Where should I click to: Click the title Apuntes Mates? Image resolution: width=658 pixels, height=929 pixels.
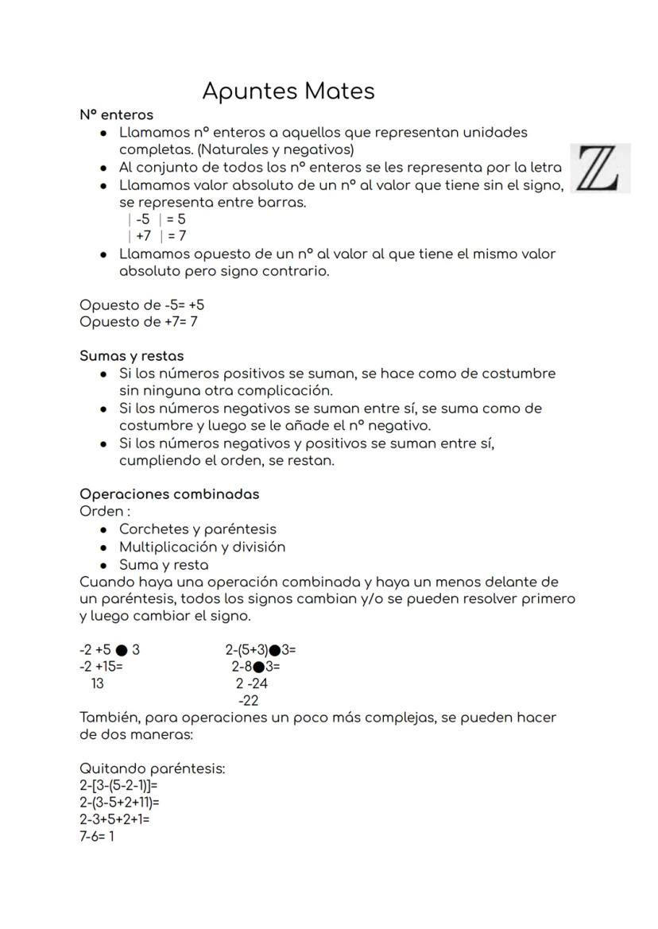point(288,91)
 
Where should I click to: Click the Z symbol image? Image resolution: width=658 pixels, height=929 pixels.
point(600,168)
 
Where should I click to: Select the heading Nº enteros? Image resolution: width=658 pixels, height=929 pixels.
point(116,115)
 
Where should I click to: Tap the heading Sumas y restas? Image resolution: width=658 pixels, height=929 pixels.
point(131,356)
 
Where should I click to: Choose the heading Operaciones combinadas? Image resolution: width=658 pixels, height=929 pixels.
point(169,494)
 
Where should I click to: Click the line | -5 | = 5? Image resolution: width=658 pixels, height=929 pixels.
point(157,219)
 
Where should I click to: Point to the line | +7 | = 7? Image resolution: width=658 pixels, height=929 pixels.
point(157,236)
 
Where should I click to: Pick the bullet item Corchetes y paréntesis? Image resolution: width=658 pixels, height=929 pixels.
point(197,529)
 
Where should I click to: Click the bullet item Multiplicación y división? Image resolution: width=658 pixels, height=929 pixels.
point(202,548)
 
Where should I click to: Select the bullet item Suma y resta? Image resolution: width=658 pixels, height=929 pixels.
point(164,565)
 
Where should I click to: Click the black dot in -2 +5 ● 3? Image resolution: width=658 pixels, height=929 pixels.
point(122,650)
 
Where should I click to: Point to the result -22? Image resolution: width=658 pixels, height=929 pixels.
point(247,701)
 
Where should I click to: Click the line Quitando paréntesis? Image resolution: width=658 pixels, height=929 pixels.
point(153,769)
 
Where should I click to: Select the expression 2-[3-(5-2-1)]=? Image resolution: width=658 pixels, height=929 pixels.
point(118,786)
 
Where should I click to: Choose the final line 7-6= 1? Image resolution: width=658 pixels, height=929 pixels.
point(97,837)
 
